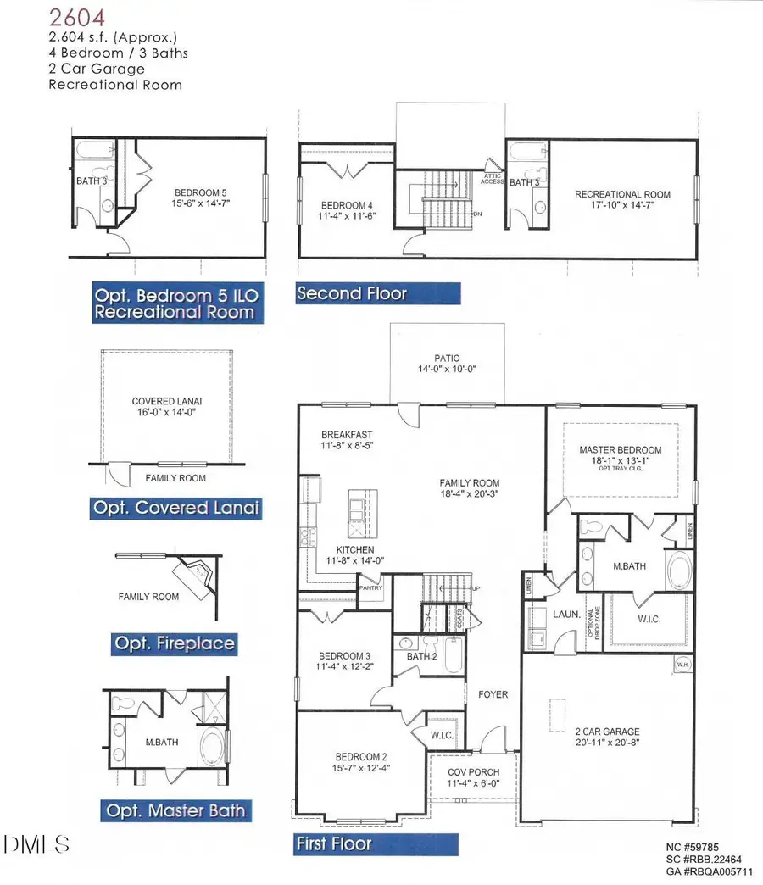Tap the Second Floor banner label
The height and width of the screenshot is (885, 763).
pos(352,294)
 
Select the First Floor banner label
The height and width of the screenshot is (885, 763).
pos(333,844)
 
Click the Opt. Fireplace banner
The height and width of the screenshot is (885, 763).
pos(175,643)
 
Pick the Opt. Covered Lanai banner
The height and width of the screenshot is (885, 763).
pos(175,508)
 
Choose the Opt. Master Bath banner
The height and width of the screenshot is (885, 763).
pos(175,811)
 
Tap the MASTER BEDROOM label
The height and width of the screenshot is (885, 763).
pos(620,449)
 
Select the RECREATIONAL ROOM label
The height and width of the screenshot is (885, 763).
pos(622,194)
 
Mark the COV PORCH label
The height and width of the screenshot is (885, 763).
pos(473,772)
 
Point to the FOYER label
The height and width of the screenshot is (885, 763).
pos(493,694)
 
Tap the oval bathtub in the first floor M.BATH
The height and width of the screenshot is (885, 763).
pos(678,571)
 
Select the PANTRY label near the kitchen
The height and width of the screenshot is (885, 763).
pos(370,587)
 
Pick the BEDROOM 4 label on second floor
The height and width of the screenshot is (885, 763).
pos(345,205)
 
